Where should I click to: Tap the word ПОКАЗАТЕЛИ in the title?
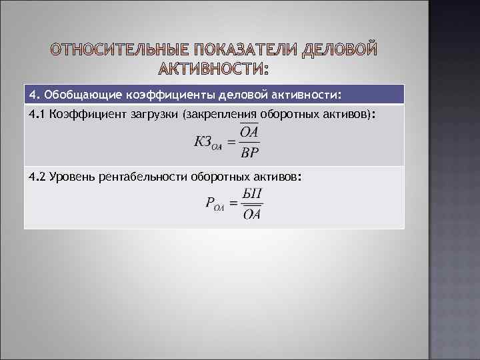pos(244,51)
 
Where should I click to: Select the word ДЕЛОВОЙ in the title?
pos(340,51)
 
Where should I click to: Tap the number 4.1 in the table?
pos(37,115)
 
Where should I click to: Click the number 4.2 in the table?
pos(37,177)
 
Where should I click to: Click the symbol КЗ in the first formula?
pos(203,141)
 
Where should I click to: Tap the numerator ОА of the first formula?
pos(249,132)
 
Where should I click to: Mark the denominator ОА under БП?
pos(252,214)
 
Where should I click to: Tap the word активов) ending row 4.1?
pos(354,115)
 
